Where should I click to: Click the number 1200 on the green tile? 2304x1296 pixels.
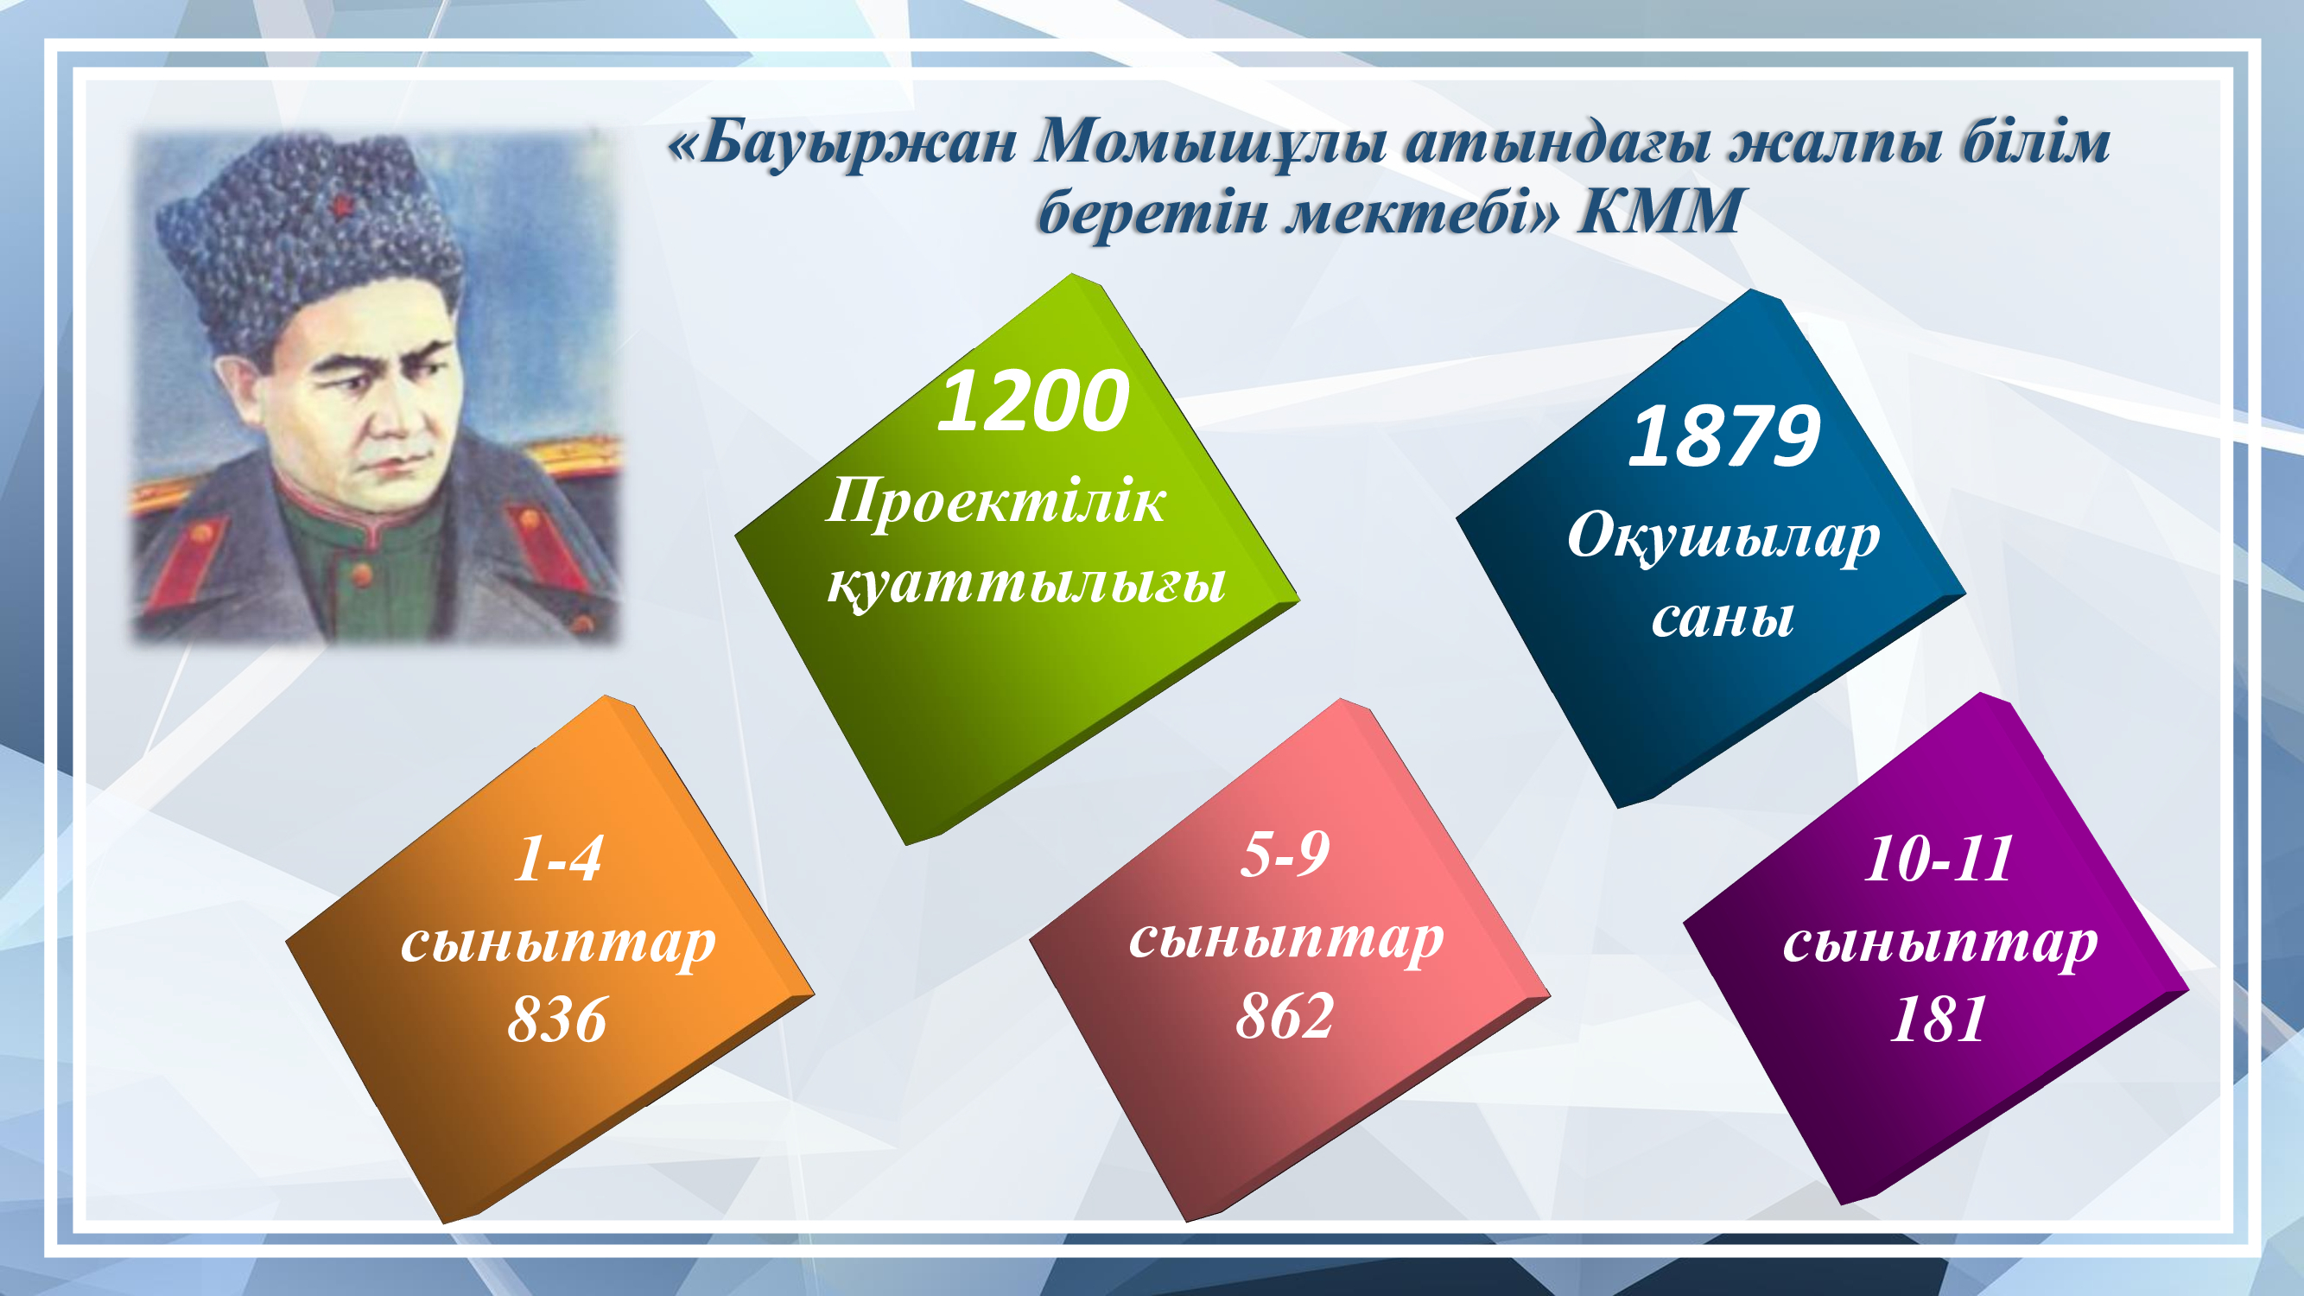pyautogui.click(x=1033, y=402)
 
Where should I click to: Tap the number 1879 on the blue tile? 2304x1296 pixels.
pyautogui.click(x=1724, y=436)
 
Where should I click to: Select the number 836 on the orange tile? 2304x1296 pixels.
pyautogui.click(x=557, y=1020)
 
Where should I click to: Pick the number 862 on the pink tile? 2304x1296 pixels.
pyautogui.click(x=1285, y=1016)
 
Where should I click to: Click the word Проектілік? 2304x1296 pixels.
pyautogui.click(x=995, y=501)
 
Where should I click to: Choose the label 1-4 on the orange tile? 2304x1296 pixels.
pyautogui.click(x=558, y=859)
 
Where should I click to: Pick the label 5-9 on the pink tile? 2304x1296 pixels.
pyautogui.click(x=1285, y=854)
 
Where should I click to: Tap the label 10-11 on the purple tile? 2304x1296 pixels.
pyautogui.click(x=1939, y=859)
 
